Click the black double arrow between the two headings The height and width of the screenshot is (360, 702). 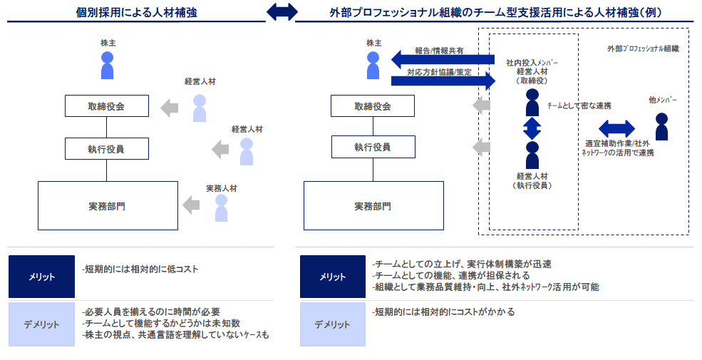coord(282,12)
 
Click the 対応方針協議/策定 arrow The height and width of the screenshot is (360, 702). coord(443,80)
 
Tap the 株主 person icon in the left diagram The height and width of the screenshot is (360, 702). coord(107,65)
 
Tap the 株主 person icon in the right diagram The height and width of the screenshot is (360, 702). coord(373,65)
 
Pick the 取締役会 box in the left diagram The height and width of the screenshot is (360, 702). coord(107,106)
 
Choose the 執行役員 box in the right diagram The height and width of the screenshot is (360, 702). coord(373,148)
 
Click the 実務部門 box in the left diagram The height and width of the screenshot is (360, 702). coord(108,206)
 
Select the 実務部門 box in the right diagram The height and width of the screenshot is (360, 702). coord(373,206)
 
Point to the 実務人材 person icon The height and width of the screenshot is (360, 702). coord(221,207)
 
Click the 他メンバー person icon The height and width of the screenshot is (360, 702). coord(662,126)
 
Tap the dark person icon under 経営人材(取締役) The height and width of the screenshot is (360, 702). coord(532,103)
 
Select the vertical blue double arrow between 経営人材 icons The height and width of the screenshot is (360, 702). coord(532,128)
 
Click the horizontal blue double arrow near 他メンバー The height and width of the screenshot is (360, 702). coord(616,128)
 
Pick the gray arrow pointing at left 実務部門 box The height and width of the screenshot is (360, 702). coord(191,205)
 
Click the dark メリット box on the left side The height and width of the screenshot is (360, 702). coord(41,277)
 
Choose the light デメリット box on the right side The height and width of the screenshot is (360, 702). coord(332,324)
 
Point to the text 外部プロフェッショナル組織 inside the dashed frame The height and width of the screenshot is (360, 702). coord(642,49)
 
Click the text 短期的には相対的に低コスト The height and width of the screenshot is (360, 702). coord(140,269)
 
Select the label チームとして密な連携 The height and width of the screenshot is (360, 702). coord(579,106)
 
